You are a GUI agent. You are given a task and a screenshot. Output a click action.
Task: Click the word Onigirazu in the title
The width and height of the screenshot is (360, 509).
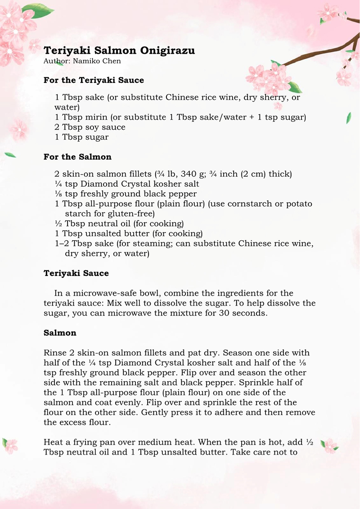pos(166,50)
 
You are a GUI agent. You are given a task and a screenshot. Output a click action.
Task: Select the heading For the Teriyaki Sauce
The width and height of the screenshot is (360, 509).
pos(94,80)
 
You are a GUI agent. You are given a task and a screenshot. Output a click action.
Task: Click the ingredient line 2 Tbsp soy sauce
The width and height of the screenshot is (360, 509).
pos(90,127)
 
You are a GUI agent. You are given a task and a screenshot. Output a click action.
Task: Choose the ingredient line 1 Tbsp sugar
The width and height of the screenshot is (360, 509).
pos(81,137)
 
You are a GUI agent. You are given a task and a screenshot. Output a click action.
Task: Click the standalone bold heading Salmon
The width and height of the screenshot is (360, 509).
pos(60,333)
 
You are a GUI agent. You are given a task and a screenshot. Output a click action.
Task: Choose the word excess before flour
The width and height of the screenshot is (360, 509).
pos(74,422)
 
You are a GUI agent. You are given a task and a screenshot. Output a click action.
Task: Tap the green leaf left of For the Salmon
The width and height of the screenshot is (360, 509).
pos(10,155)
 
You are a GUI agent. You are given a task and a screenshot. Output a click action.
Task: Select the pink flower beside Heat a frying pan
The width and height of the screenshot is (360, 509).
pos(329,446)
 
